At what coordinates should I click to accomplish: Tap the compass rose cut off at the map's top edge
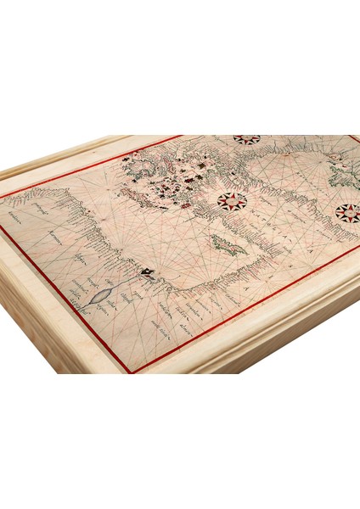pos(247,139)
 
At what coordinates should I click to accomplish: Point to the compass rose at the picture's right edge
pos(347,212)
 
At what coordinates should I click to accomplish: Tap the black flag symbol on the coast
pos(148,271)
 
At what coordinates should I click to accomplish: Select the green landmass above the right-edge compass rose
pos(344,178)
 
